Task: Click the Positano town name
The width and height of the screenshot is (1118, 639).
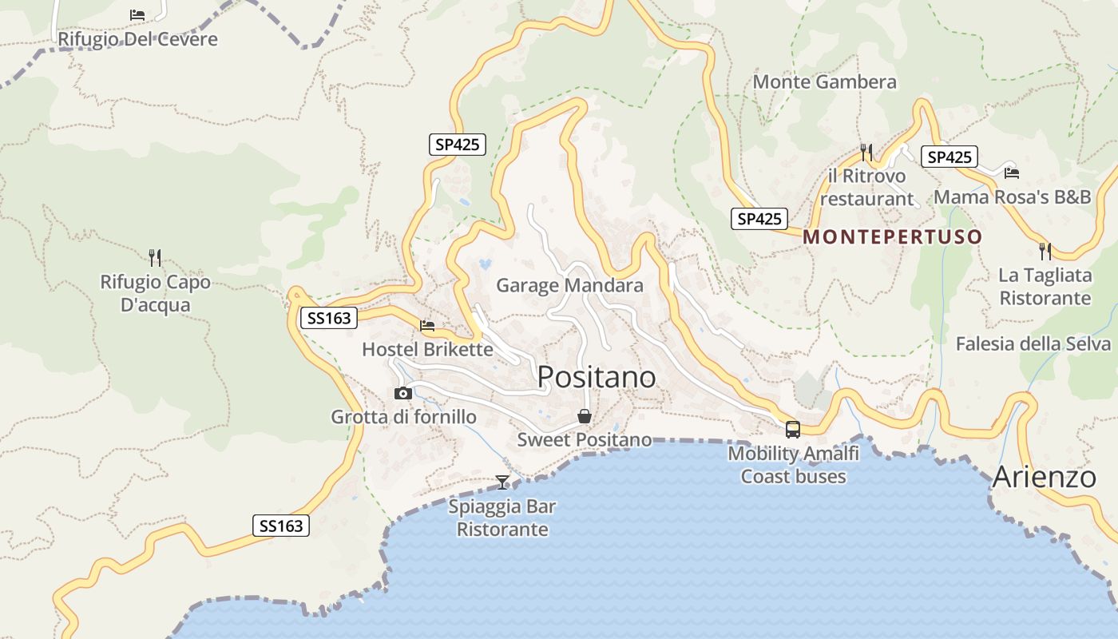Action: click(x=597, y=377)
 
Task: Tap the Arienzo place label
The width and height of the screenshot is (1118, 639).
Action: click(x=1044, y=477)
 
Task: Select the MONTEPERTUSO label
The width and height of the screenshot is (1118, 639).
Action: click(x=892, y=237)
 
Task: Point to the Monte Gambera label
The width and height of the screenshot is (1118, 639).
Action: click(x=824, y=81)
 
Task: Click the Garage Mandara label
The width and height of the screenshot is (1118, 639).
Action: click(x=569, y=285)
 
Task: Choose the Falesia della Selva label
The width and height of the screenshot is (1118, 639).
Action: click(x=1033, y=343)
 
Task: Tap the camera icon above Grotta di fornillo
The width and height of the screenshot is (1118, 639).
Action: click(x=403, y=393)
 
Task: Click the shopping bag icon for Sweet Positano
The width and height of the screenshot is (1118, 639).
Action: click(x=585, y=416)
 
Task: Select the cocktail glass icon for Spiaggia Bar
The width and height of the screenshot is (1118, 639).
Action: click(x=502, y=482)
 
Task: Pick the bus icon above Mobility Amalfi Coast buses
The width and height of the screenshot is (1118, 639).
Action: click(x=793, y=429)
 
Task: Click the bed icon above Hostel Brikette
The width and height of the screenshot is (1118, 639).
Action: click(x=427, y=326)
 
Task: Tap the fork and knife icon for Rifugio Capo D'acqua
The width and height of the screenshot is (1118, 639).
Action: click(x=155, y=257)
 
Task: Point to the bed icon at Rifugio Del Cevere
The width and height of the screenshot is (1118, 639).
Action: click(x=137, y=14)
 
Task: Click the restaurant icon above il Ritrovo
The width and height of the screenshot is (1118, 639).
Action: click(x=866, y=151)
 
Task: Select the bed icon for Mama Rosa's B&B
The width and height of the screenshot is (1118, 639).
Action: click(x=1012, y=173)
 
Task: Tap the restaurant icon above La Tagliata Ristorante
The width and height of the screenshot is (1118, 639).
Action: click(x=1045, y=251)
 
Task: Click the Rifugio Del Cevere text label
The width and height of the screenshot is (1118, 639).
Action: click(x=137, y=38)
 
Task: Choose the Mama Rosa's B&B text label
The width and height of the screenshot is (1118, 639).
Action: click(x=1012, y=196)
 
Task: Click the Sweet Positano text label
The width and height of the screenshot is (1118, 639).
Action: click(x=584, y=439)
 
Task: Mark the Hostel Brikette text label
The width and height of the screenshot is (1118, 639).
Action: click(x=427, y=349)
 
